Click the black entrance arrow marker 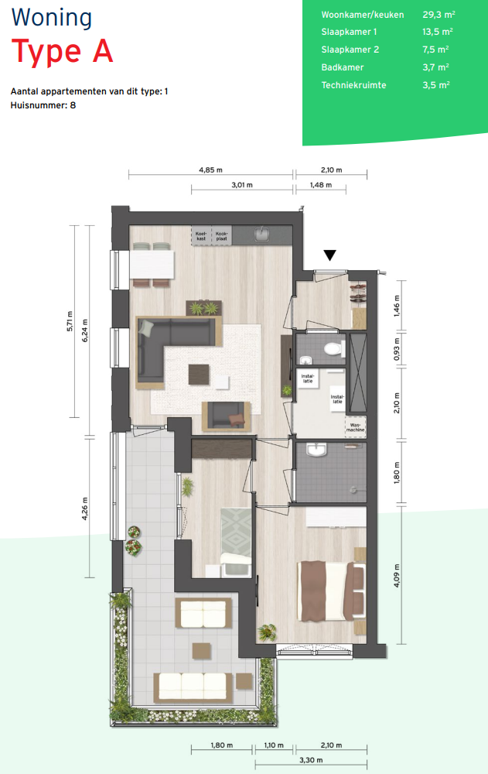coord(329,255)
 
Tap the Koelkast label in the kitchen coord(201,235)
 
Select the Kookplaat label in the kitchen coord(221,235)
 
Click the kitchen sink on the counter coord(261,234)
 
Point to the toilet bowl coord(334,349)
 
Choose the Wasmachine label coord(355,427)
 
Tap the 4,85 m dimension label coord(210,170)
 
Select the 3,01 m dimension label coord(242,185)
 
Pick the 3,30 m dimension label coord(311,760)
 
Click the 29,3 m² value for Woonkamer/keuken coord(439,15)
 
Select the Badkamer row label coord(343,67)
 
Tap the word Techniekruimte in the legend coord(353,85)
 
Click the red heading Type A coord(62,51)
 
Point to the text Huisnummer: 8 coord(43,105)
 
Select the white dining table coord(152,265)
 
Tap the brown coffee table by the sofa coord(198,374)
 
